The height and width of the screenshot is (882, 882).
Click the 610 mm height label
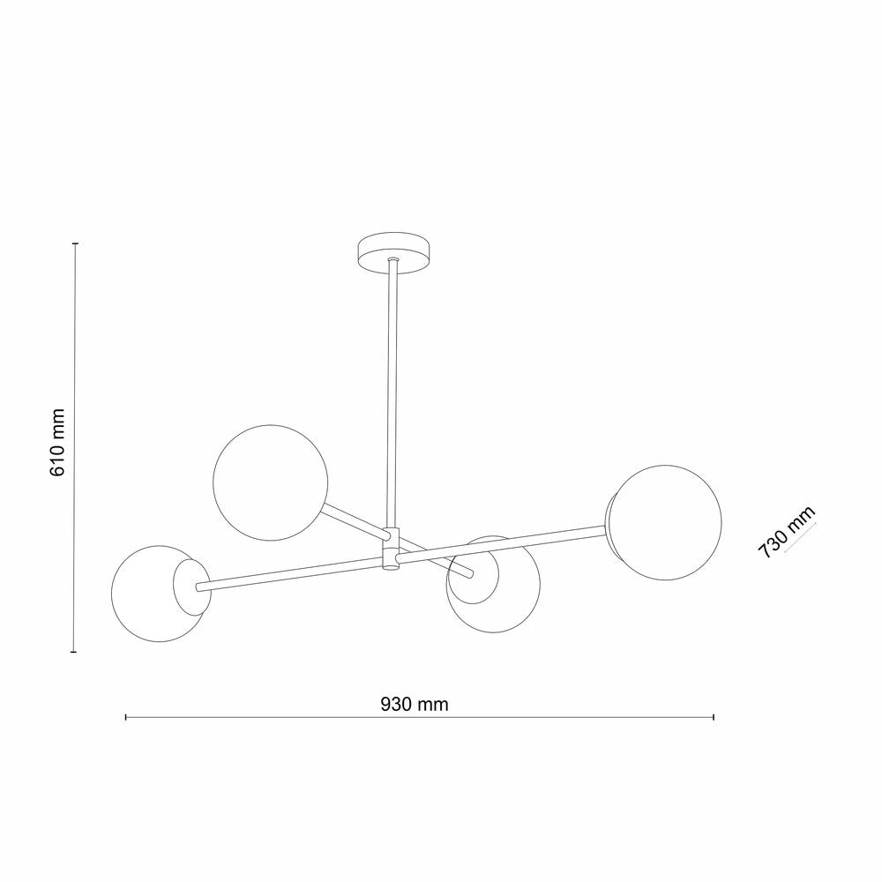(57, 443)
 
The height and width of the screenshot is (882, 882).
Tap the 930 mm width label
(415, 704)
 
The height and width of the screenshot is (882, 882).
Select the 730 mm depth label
(786, 532)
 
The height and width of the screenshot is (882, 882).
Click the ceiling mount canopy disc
(393, 254)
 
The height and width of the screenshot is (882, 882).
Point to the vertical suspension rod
(393, 393)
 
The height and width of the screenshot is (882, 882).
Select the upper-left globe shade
(270, 482)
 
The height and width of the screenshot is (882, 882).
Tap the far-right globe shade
(665, 522)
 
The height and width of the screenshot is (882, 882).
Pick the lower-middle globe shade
(494, 585)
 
